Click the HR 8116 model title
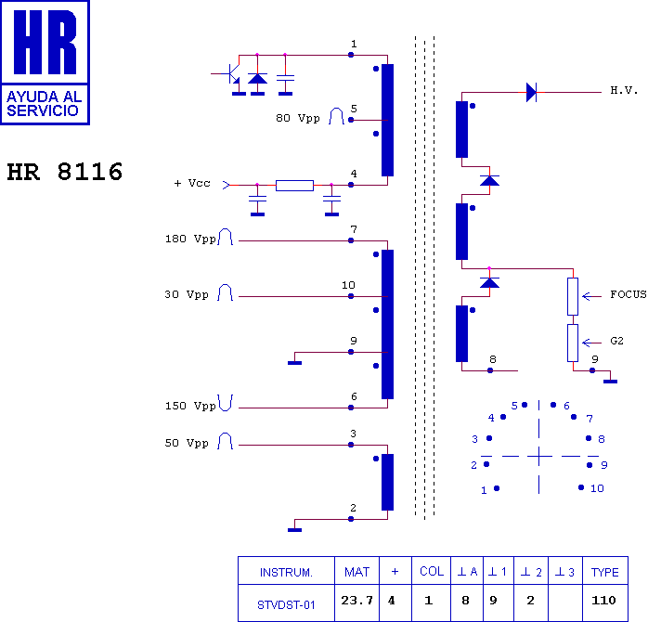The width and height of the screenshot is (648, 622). tap(65, 172)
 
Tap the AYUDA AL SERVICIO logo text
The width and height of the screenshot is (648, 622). tap(45, 104)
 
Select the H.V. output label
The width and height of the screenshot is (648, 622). tap(624, 90)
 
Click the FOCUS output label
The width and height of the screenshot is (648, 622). tap(629, 294)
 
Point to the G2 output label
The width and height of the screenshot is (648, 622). tap(616, 341)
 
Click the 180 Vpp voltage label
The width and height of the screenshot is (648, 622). tap(190, 239)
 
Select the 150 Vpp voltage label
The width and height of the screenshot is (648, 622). tap(190, 406)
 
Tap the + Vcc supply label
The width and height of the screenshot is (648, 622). tap(192, 183)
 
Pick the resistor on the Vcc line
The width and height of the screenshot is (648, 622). tap(294, 186)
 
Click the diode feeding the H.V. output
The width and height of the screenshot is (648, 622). tap(531, 92)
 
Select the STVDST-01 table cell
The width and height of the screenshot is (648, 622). tap(286, 605)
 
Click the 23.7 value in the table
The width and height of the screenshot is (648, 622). tap(357, 600)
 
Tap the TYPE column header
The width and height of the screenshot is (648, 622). tap(605, 573)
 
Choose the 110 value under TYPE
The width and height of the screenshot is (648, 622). tap(603, 600)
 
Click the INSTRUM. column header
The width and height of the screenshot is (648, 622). tap(286, 573)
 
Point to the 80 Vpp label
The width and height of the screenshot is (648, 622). tap(298, 118)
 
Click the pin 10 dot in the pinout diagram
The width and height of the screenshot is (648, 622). tap(581, 487)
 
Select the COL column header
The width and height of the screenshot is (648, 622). tap(432, 571)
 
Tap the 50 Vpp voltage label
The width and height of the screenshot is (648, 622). tap(187, 443)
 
